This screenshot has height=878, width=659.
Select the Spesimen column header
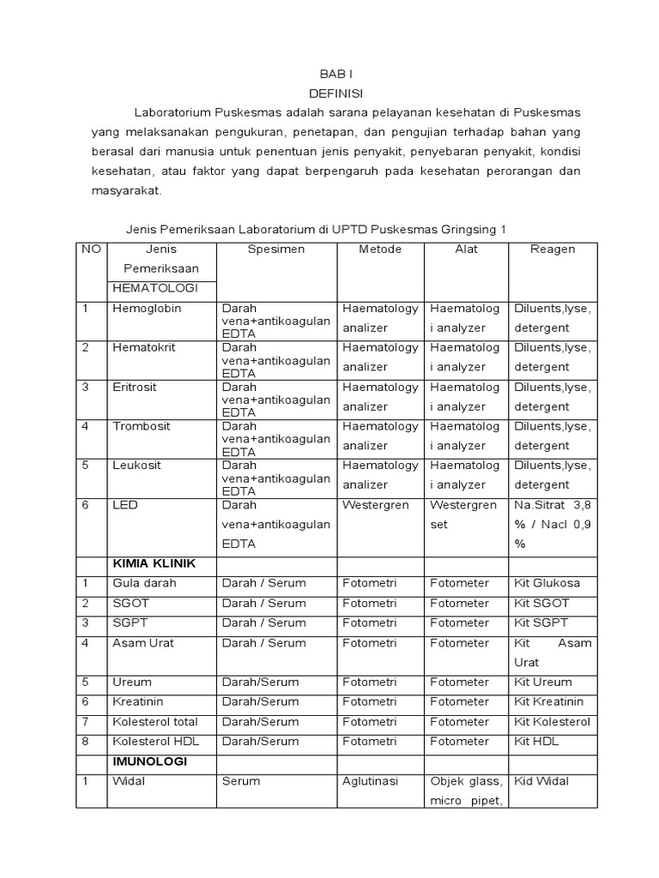pyautogui.click(x=275, y=250)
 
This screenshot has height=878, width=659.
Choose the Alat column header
pyautogui.click(x=467, y=250)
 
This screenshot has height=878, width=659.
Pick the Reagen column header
pyautogui.click(x=553, y=250)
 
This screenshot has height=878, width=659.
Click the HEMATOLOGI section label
pyautogui.click(x=155, y=288)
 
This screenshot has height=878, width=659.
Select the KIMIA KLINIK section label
pyautogui.click(x=154, y=563)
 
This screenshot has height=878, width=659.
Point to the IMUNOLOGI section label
pyautogui.click(x=149, y=761)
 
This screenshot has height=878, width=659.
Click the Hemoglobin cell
pyautogui.click(x=147, y=309)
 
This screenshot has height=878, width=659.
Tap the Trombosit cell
pyautogui.click(x=142, y=426)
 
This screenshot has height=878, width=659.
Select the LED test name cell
pyautogui.click(x=124, y=505)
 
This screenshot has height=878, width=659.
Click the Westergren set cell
pyautogui.click(x=463, y=514)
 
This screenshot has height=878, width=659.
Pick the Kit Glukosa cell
pyautogui.click(x=547, y=583)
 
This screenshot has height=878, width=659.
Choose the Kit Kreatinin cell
pyautogui.click(x=548, y=701)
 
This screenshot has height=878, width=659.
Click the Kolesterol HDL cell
pyautogui.click(x=154, y=741)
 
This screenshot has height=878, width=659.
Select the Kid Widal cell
pyautogui.click(x=541, y=781)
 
